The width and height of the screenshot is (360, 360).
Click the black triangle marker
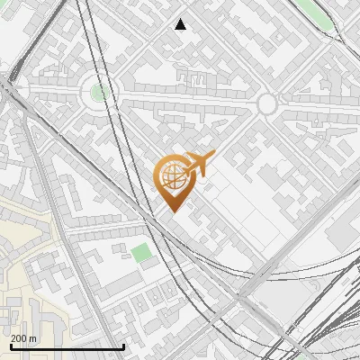click(181, 24)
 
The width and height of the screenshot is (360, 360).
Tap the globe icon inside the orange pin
click(172, 177)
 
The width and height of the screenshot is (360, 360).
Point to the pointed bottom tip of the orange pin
click(174, 211)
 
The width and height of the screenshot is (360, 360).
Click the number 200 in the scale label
click(19, 339)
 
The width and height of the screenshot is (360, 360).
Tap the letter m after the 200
click(33, 339)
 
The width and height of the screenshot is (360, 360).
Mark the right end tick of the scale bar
click(123, 346)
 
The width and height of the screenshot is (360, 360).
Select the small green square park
click(141, 252)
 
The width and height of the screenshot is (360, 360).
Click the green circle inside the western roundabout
click(100, 92)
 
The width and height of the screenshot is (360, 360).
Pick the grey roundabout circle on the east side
click(266, 104)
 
